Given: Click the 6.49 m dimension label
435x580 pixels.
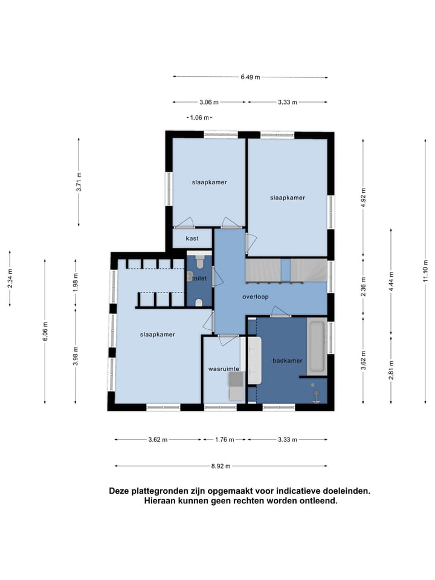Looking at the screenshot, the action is coord(250,77).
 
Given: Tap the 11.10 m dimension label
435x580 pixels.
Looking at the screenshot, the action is coord(425,271).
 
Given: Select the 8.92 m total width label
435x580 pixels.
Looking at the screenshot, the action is coord(221,466).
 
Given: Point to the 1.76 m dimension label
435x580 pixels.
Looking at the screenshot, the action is coord(225,440).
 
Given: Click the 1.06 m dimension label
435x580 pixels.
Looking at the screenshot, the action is coord(199,118).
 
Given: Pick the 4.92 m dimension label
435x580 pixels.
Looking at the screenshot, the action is coord(363,198).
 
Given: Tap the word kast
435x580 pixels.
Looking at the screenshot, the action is coord(192,239).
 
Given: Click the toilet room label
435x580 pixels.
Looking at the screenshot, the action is coord(199,279).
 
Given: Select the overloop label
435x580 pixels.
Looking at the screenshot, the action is coord(255,297).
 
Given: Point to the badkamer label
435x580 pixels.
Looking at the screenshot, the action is coord(288,361).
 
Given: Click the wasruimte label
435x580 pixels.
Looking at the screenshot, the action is coord(224,369).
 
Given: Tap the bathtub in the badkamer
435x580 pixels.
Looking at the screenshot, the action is coord(317,346).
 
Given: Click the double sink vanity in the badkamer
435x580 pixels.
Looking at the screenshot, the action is coord(254,360).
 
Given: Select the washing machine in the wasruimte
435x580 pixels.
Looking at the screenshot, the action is coord(236,387).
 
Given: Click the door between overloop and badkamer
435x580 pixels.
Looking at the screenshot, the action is coord(280,312).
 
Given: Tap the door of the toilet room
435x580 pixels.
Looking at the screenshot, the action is coord(216,274).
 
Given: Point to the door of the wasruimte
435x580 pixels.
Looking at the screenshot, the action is coord(228,340).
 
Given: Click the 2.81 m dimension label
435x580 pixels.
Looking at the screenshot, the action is coord(391,370).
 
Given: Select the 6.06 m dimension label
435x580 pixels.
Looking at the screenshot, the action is coord(45,332).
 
